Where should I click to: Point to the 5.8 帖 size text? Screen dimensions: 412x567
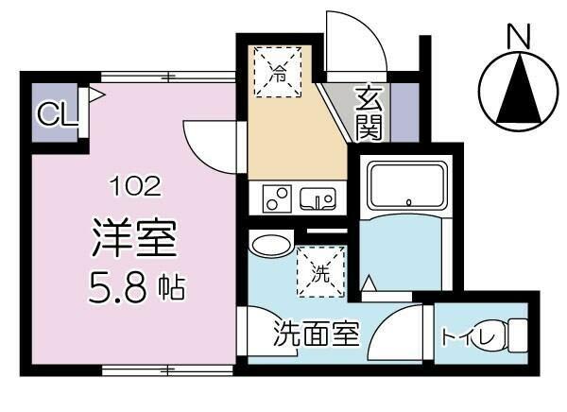(133, 284)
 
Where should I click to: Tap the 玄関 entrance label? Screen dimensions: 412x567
(369, 112)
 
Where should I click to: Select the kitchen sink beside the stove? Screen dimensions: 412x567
(318, 198)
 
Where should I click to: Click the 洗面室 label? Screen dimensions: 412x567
(317, 335)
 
